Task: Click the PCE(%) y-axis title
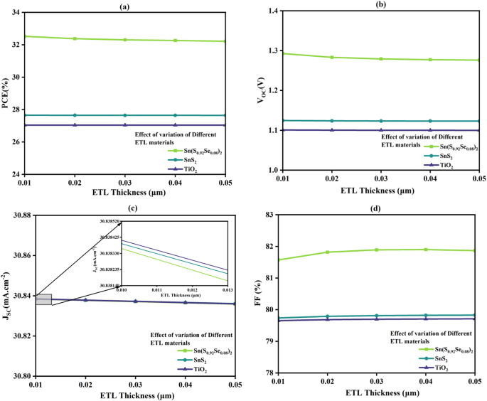7,92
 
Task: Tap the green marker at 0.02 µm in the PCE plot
75,38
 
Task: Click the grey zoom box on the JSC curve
43,299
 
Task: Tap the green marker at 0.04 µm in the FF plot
426,250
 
